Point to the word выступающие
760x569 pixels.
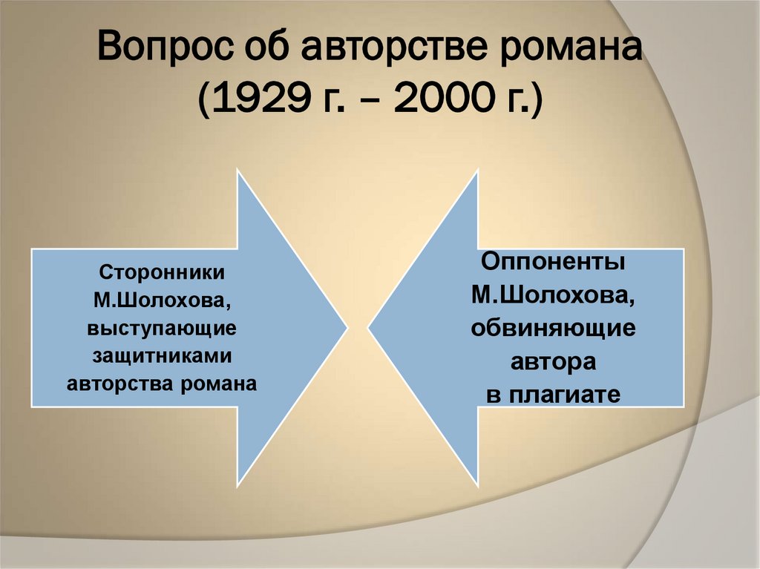162,328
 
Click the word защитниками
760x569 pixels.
162,356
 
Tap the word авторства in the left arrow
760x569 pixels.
122,384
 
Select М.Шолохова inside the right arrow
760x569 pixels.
553,295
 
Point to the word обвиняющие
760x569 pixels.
553,328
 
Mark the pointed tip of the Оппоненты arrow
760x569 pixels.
369,326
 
